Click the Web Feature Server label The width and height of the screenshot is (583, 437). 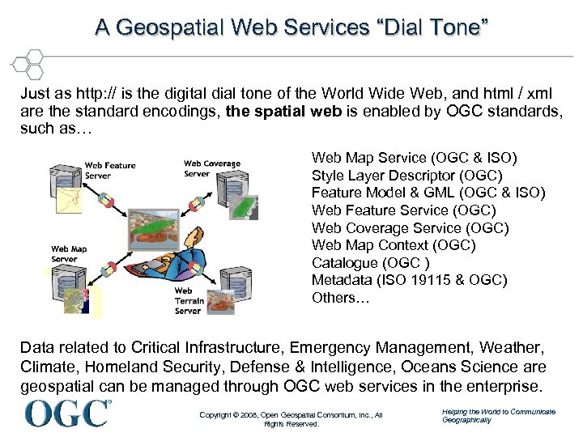[x=110, y=171]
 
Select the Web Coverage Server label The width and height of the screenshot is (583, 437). [x=211, y=168]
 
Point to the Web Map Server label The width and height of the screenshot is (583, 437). [x=69, y=254]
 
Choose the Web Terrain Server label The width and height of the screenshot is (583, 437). [x=188, y=300]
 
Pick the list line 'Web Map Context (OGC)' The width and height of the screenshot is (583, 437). [x=394, y=245]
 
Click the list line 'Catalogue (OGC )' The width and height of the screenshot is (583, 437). [x=370, y=263]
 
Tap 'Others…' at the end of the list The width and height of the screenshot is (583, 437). [x=339, y=298]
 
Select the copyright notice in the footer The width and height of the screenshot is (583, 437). [x=291, y=419]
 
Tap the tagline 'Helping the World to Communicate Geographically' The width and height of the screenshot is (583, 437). [x=498, y=416]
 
